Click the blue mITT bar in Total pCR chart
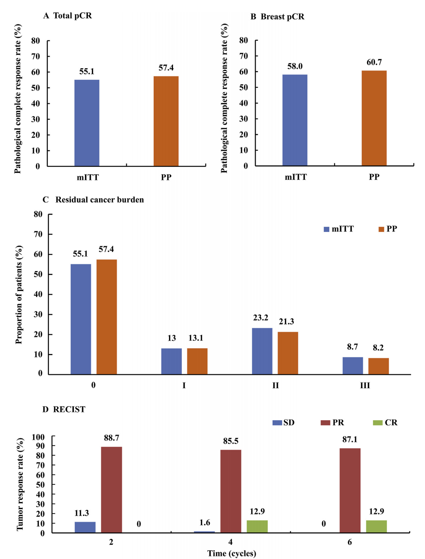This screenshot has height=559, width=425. pyautogui.click(x=87, y=123)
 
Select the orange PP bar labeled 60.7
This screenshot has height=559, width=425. pyautogui.click(x=374, y=118)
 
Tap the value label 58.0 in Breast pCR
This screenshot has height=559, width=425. pyautogui.click(x=295, y=66)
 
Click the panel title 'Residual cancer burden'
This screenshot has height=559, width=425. pyautogui.click(x=99, y=200)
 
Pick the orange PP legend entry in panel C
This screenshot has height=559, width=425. pyautogui.click(x=387, y=229)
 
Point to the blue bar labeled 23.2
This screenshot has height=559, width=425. pyautogui.click(x=262, y=351)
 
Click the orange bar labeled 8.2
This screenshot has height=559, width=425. pyautogui.click(x=378, y=366)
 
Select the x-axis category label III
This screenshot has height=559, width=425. pyautogui.click(x=365, y=385)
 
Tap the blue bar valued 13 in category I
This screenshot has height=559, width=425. pyautogui.click(x=171, y=361)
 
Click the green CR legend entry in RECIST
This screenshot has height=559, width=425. pyautogui.click(x=385, y=423)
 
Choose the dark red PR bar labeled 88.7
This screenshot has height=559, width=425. pyautogui.click(x=111, y=490)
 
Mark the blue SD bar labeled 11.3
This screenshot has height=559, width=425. pyautogui.click(x=85, y=527)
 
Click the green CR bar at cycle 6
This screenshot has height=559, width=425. pyautogui.click(x=376, y=526)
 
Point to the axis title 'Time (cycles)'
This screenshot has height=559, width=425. pyautogui.click(x=232, y=553)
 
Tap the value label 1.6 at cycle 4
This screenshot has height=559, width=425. pyautogui.click(x=205, y=523)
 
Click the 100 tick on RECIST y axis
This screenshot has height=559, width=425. pyautogui.click(x=38, y=437)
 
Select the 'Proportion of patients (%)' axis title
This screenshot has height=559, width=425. pyautogui.click(x=19, y=294)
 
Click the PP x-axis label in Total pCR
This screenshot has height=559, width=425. pyautogui.click(x=166, y=178)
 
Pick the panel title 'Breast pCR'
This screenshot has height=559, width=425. pyautogui.click(x=282, y=17)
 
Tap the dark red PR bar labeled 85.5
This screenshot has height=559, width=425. pyautogui.click(x=231, y=491)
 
